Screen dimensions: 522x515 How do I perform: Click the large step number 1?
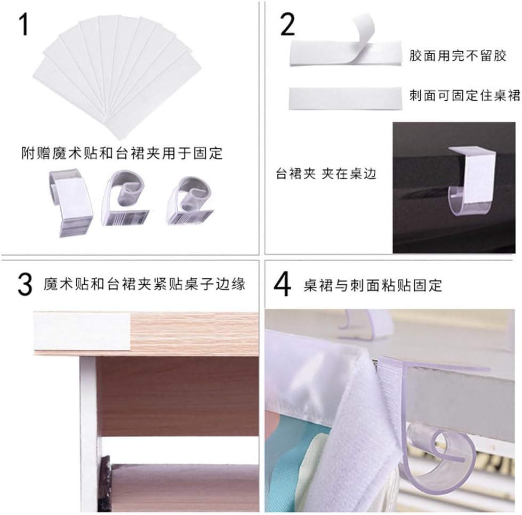[23, 24]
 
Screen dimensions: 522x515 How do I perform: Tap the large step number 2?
[287, 25]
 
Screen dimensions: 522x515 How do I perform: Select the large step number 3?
[25, 284]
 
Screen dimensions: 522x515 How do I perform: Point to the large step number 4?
[282, 284]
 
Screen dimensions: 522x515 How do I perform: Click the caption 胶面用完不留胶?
[457, 55]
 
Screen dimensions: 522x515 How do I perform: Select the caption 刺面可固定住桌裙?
[464, 95]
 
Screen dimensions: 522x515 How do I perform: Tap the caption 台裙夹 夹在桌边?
[326, 174]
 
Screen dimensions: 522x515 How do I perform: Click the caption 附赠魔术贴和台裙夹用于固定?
[122, 153]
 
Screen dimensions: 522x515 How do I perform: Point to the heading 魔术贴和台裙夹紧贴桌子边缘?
[144, 284]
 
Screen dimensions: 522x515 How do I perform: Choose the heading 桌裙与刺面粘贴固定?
[373, 285]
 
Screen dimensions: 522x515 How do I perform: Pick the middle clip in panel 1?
[125, 198]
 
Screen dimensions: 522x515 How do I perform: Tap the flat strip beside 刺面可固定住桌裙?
[345, 99]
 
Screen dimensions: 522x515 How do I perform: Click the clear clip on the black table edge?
[472, 181]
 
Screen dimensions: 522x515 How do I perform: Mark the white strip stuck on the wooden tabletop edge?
[82, 331]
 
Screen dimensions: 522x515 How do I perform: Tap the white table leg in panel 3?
[89, 433]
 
